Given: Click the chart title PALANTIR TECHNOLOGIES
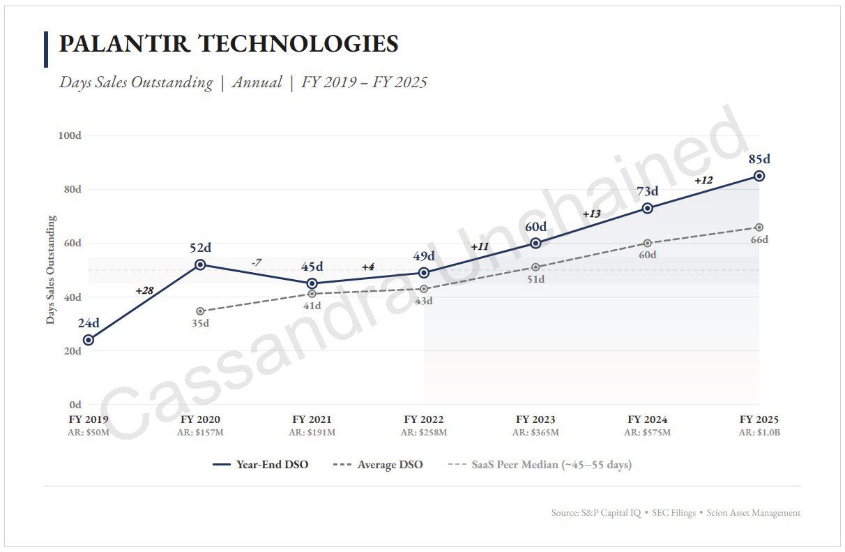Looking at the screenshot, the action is click(x=229, y=43).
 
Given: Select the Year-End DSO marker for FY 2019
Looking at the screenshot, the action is click(x=89, y=340).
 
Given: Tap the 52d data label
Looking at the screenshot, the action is click(x=200, y=248).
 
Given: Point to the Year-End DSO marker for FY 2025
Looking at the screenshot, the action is click(x=759, y=176).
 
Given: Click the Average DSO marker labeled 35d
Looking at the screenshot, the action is click(x=200, y=311).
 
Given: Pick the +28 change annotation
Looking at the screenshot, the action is click(x=144, y=291).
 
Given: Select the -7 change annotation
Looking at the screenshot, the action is click(x=257, y=262).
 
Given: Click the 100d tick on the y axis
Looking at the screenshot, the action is click(x=70, y=135).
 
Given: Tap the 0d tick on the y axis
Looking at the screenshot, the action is click(x=75, y=405).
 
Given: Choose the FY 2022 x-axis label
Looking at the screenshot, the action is click(x=424, y=419).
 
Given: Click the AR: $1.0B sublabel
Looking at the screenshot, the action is click(x=759, y=432).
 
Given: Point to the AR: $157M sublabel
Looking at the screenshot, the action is click(x=200, y=432).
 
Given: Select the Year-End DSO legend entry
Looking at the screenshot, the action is click(x=260, y=464).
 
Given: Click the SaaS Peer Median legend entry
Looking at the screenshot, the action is click(x=540, y=464).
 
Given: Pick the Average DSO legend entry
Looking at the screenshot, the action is click(x=378, y=464).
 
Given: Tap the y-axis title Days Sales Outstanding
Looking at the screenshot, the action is click(x=51, y=269).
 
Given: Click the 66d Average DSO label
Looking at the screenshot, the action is click(x=759, y=239).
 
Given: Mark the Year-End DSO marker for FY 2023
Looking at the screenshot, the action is click(x=535, y=243).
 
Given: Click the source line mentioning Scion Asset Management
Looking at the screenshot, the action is click(x=676, y=513).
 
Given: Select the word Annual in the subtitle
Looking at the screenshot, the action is click(x=257, y=82).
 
